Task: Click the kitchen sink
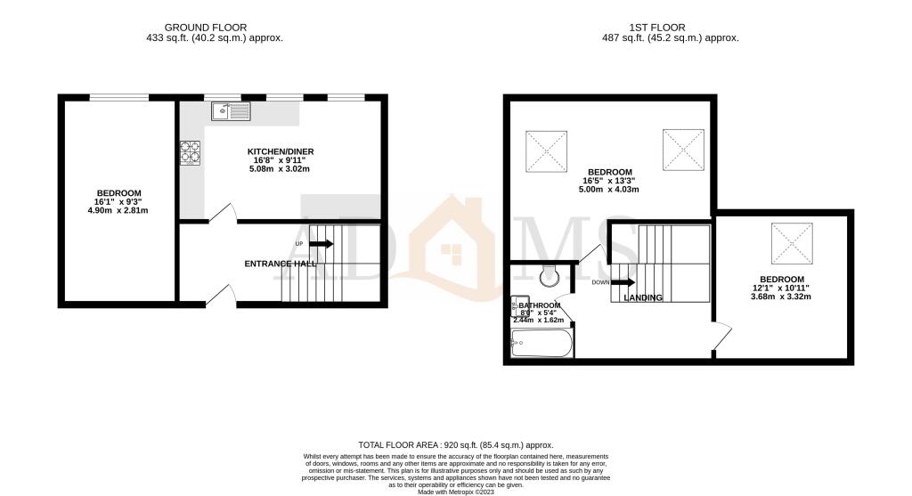(x=232, y=111)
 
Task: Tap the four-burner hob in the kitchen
(x=190, y=153)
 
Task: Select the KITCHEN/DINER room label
(x=281, y=152)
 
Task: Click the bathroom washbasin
(x=517, y=306)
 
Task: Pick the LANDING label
(x=643, y=297)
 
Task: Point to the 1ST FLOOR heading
(x=671, y=28)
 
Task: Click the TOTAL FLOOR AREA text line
(x=455, y=444)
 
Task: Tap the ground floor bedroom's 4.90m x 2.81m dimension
(x=119, y=211)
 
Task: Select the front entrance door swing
(x=220, y=294)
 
